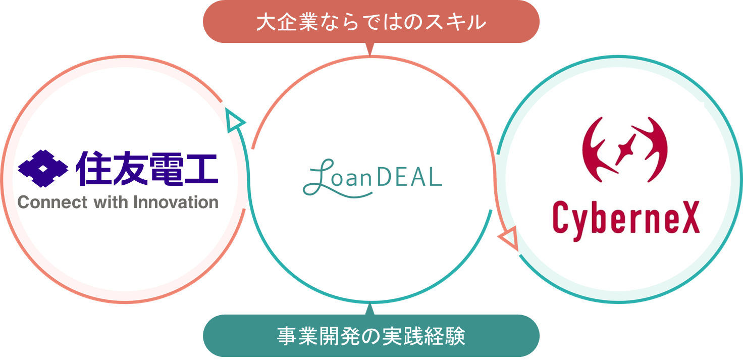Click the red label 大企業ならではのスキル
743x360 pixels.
click(x=371, y=22)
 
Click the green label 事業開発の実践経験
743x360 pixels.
click(x=371, y=336)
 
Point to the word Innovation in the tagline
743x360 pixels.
click(x=176, y=202)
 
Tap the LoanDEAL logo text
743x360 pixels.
click(x=372, y=177)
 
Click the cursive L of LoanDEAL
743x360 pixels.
click(x=318, y=177)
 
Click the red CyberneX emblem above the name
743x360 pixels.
click(x=625, y=149)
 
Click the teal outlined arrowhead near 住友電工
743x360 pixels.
click(x=234, y=122)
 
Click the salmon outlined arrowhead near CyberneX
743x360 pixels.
click(x=509, y=238)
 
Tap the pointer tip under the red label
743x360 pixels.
click(x=371, y=51)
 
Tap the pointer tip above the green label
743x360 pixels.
click(x=371, y=307)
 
